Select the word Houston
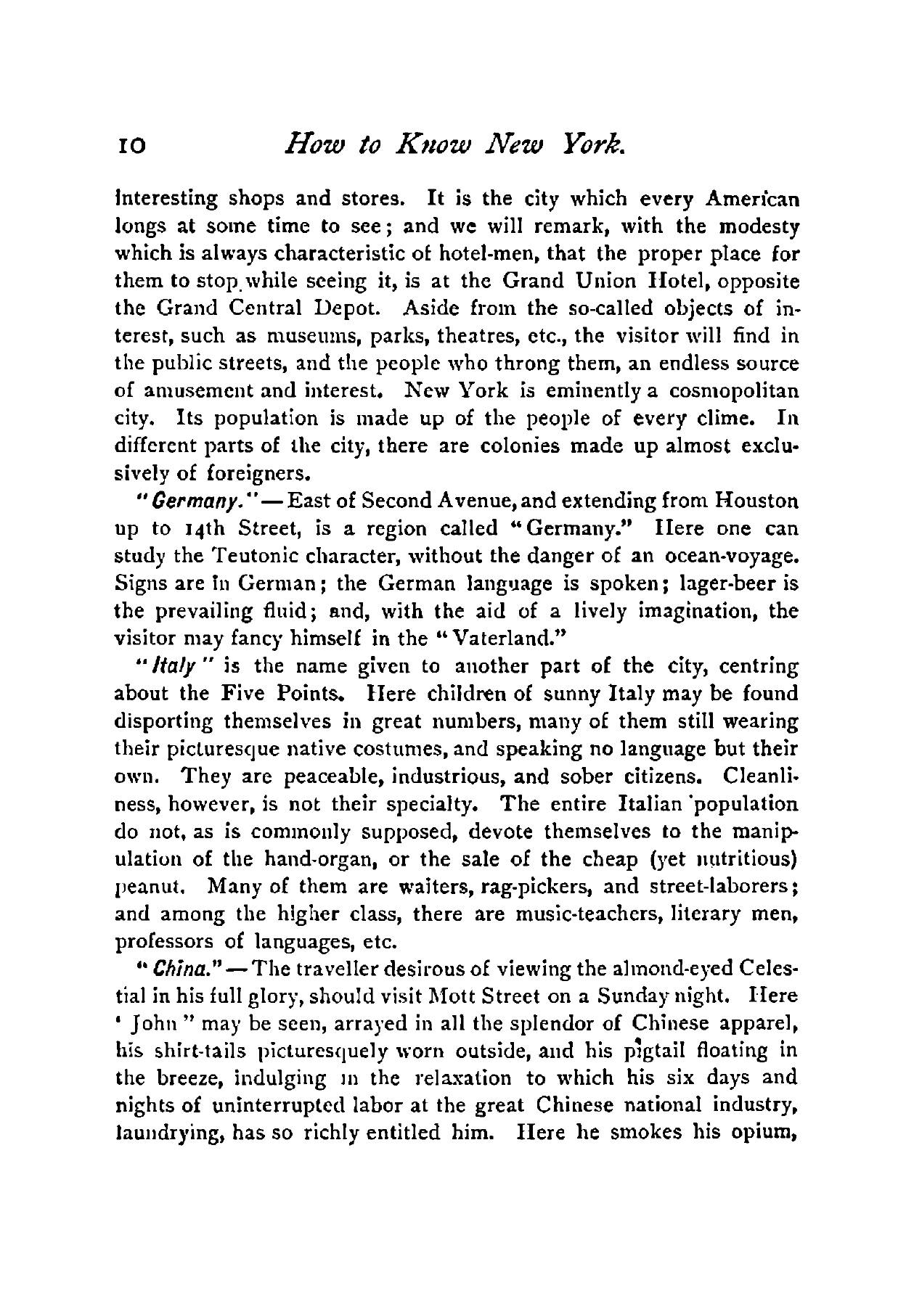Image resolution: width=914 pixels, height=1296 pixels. coord(756,501)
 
